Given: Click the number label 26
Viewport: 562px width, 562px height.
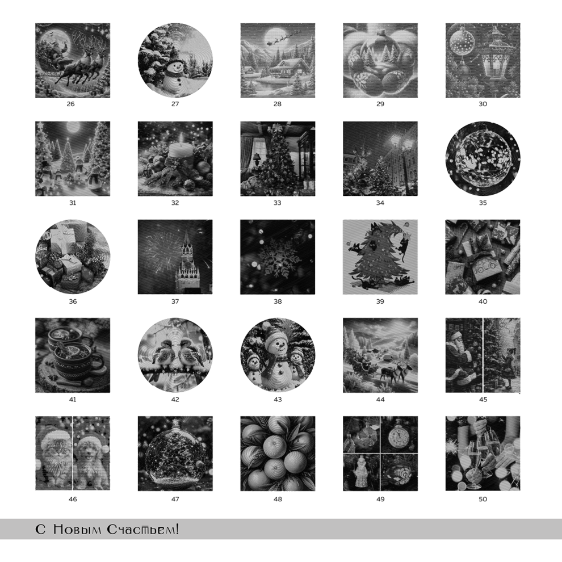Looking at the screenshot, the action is click(x=70, y=104).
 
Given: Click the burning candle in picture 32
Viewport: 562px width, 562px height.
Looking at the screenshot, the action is click(x=181, y=148).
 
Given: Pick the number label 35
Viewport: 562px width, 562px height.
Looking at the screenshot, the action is click(x=483, y=203).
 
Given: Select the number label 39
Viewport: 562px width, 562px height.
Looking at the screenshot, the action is click(x=380, y=301).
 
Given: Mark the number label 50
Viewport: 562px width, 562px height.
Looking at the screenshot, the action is click(x=483, y=499).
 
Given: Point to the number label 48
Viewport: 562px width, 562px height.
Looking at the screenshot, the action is click(x=278, y=499).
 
